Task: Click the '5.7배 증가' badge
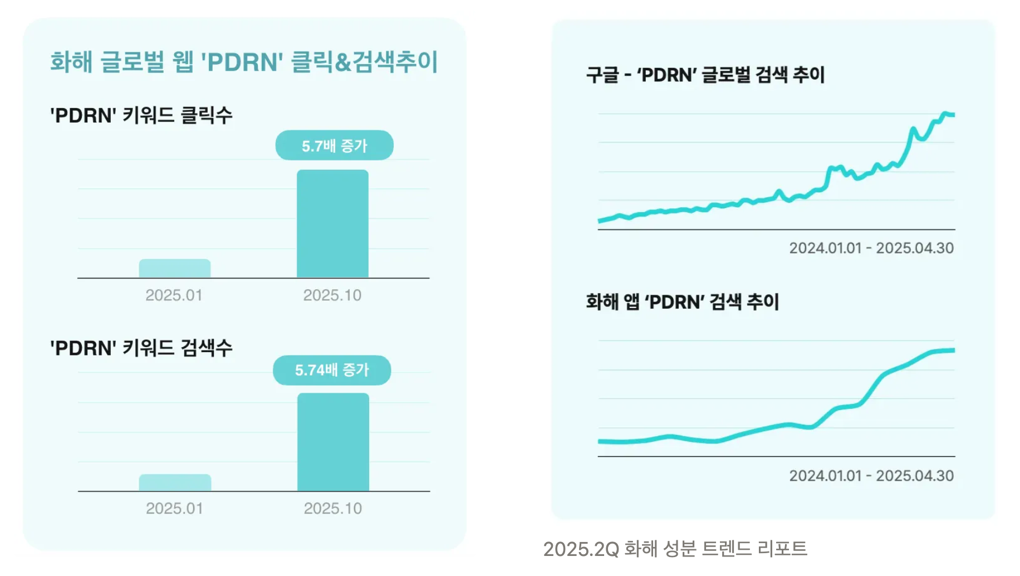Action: pyautogui.click(x=334, y=145)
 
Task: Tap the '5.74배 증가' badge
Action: pyautogui.click(x=332, y=370)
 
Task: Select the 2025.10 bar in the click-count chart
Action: pyautogui.click(x=332, y=223)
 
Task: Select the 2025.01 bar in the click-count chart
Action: pyautogui.click(x=175, y=269)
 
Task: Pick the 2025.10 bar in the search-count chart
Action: pyautogui.click(x=333, y=442)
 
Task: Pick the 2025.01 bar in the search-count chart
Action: pyautogui.click(x=175, y=482)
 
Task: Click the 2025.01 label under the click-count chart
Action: pyautogui.click(x=174, y=295)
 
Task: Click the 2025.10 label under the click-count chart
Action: pyautogui.click(x=332, y=295)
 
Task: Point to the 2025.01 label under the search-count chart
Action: pyautogui.click(x=174, y=508)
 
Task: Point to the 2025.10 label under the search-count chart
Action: pyautogui.click(x=333, y=508)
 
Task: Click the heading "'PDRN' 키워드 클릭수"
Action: pyautogui.click(x=141, y=115)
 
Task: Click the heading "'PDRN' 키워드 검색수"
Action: pyautogui.click(x=141, y=348)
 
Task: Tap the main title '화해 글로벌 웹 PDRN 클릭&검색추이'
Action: pyautogui.click(x=244, y=61)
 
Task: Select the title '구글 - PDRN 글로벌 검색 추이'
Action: pyautogui.click(x=705, y=75)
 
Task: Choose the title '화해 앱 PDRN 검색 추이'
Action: pyautogui.click(x=682, y=302)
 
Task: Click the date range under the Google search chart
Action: pyautogui.click(x=871, y=248)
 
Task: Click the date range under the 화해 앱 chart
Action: pyautogui.click(x=871, y=476)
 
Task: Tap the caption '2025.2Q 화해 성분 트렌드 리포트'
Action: pyautogui.click(x=675, y=549)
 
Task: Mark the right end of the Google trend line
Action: pyautogui.click(x=953, y=115)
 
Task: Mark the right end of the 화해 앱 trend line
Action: pyautogui.click(x=953, y=350)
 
